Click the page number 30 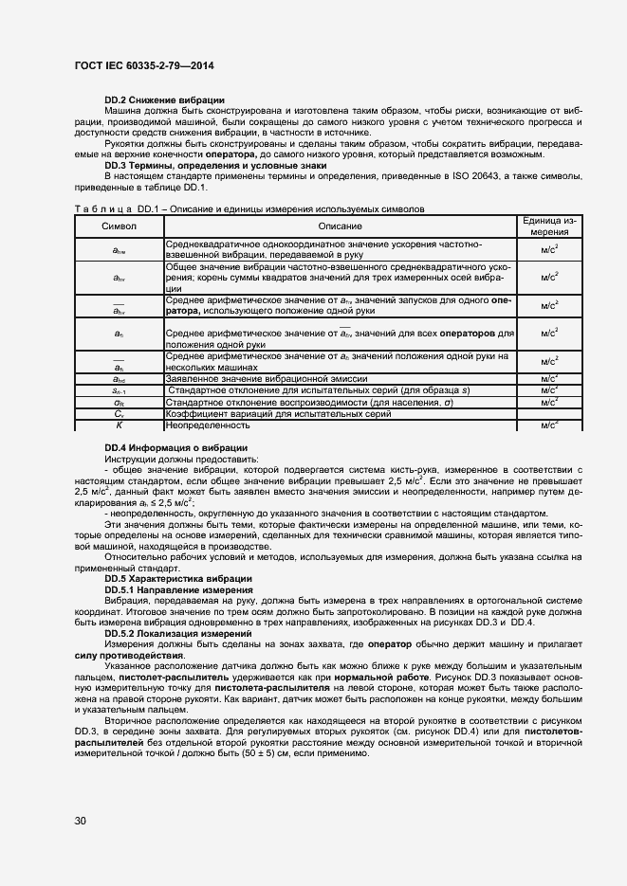80,820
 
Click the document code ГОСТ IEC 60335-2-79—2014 143,63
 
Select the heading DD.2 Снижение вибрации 164,100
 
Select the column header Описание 340,226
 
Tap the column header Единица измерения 549,226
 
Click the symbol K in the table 119,425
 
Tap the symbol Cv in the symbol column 119,414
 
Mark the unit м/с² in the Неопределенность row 549,425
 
